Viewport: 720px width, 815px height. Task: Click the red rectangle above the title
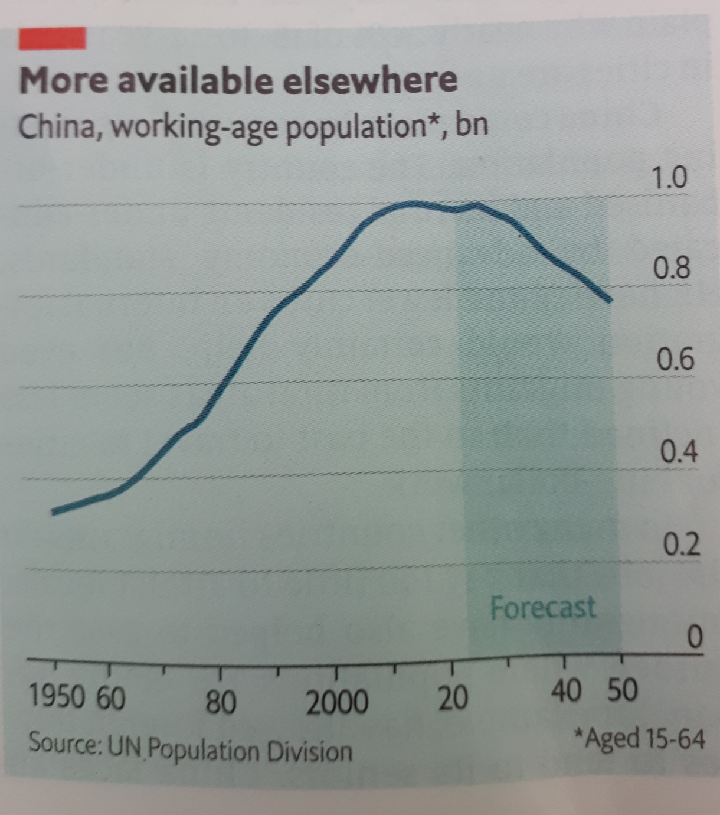53,38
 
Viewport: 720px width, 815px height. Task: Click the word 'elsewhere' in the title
369,80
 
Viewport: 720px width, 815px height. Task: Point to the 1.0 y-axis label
668,178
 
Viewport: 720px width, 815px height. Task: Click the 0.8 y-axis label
671,268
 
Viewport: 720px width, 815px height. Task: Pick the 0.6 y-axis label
675,359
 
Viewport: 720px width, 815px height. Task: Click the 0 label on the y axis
696,637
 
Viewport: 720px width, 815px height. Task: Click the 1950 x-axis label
57,697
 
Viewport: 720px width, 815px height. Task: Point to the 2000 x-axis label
337,702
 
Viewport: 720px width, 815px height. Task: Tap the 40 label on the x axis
566,690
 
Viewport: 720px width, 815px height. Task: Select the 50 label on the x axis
623,689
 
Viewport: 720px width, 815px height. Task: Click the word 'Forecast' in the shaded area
543,607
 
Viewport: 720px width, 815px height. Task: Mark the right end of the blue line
610,299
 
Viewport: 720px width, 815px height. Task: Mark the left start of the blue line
54,511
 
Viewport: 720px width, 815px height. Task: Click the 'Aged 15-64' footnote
640,738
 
